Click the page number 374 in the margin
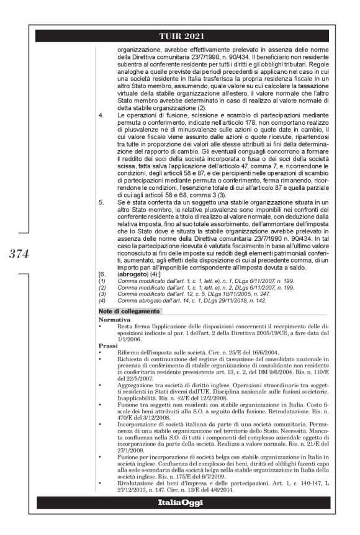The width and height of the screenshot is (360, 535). pos(29,253)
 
